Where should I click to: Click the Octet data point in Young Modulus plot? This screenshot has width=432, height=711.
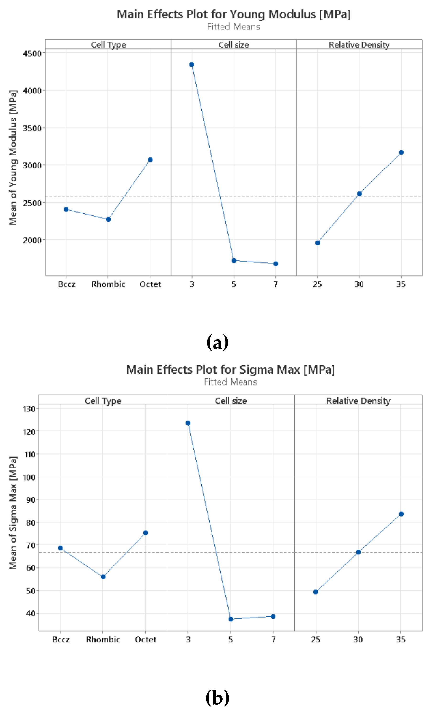tap(150, 160)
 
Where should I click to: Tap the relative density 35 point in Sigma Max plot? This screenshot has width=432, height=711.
tap(401, 514)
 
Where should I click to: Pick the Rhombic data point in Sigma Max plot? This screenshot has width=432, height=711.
tap(103, 577)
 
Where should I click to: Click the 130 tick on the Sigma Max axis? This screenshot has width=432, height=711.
tap(29, 409)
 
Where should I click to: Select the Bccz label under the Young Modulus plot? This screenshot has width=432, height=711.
tap(66, 285)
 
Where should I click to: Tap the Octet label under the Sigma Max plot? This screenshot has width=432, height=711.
tap(146, 640)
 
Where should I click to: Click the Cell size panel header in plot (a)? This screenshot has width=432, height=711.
tap(234, 45)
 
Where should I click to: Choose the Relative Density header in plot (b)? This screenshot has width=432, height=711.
tap(358, 401)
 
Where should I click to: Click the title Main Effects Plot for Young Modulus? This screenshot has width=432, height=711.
tap(233, 14)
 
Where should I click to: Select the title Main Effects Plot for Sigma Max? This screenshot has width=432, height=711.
tap(230, 370)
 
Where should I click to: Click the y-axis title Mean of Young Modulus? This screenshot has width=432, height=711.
tap(13, 157)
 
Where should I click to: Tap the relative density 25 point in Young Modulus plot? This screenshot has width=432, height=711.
tap(317, 243)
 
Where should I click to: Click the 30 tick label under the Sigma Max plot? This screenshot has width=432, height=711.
tap(358, 640)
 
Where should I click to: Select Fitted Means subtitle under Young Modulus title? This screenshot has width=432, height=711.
tap(233, 27)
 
